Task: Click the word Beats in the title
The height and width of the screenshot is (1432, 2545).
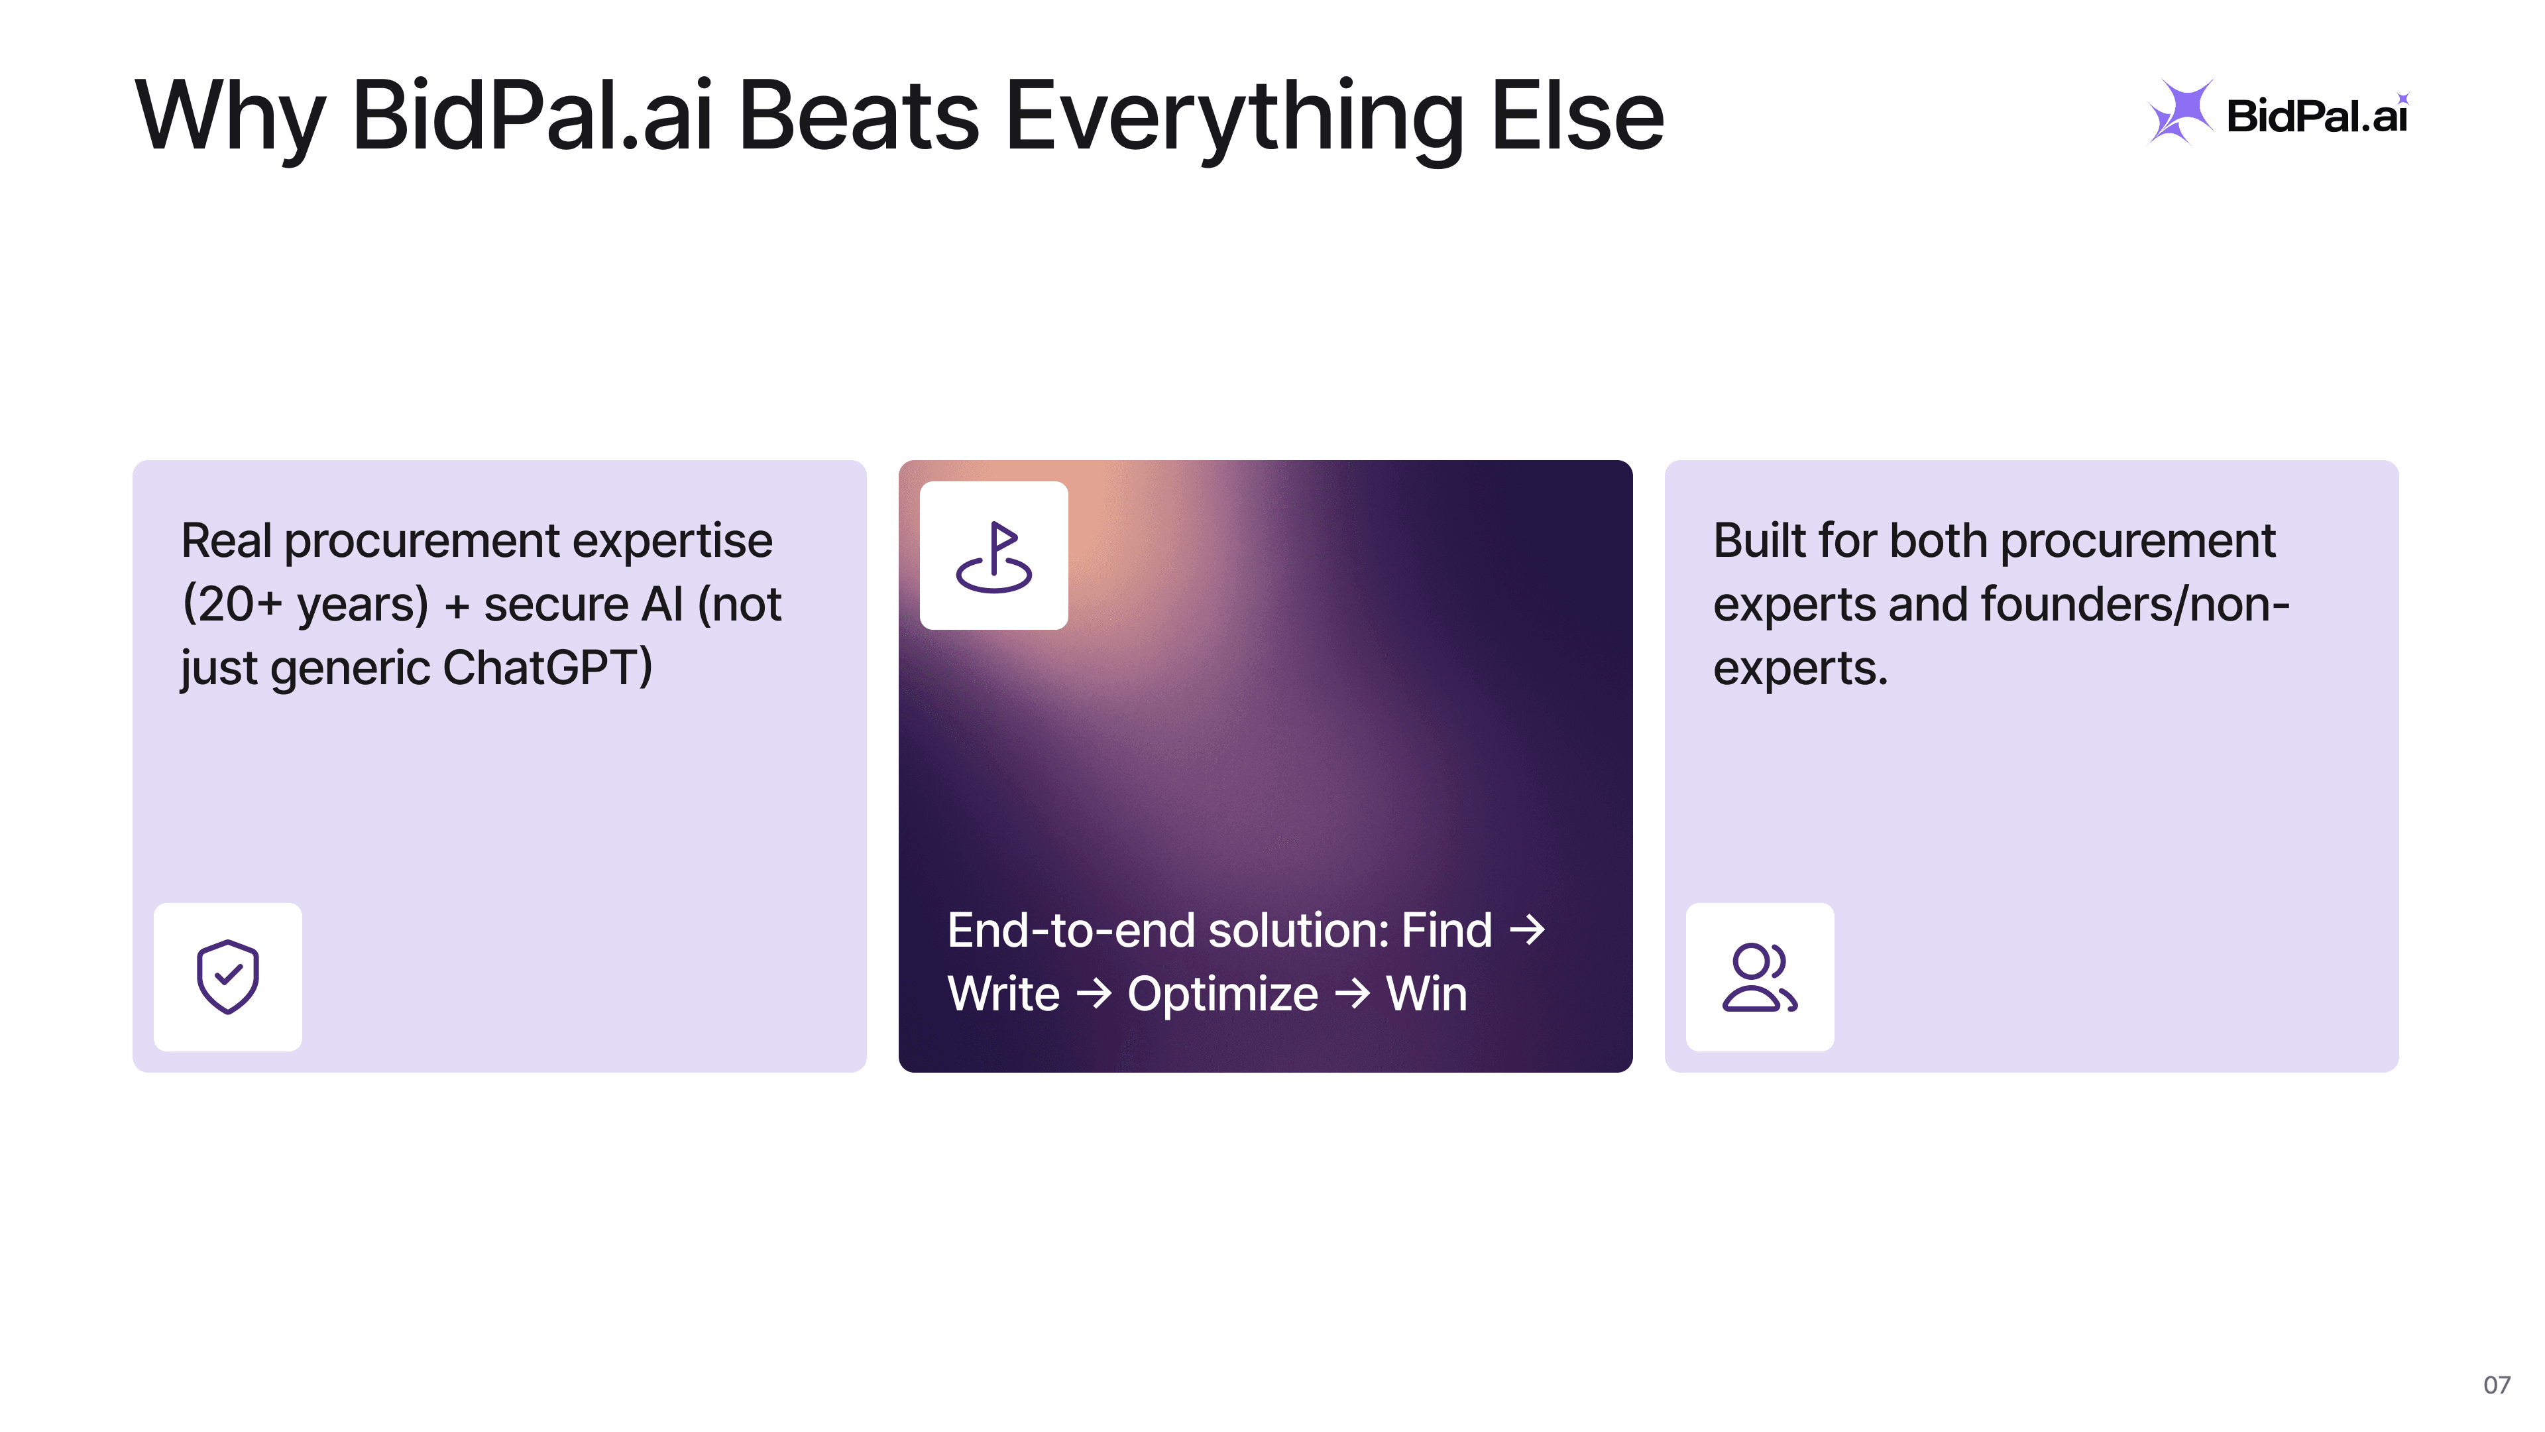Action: tap(858, 117)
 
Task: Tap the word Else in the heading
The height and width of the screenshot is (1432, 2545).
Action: tap(1577, 117)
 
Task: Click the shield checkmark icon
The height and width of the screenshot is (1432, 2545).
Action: tap(227, 977)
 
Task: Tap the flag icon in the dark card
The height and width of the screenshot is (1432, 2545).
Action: tap(994, 556)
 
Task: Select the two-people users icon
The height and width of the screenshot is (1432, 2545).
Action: tap(1760, 977)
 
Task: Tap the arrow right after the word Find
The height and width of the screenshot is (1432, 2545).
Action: tap(1528, 930)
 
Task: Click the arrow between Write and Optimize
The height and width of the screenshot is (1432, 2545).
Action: tap(1094, 993)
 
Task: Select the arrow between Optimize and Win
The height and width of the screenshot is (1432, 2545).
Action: tap(1353, 993)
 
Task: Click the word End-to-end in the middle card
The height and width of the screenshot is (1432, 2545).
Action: tap(1071, 930)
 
